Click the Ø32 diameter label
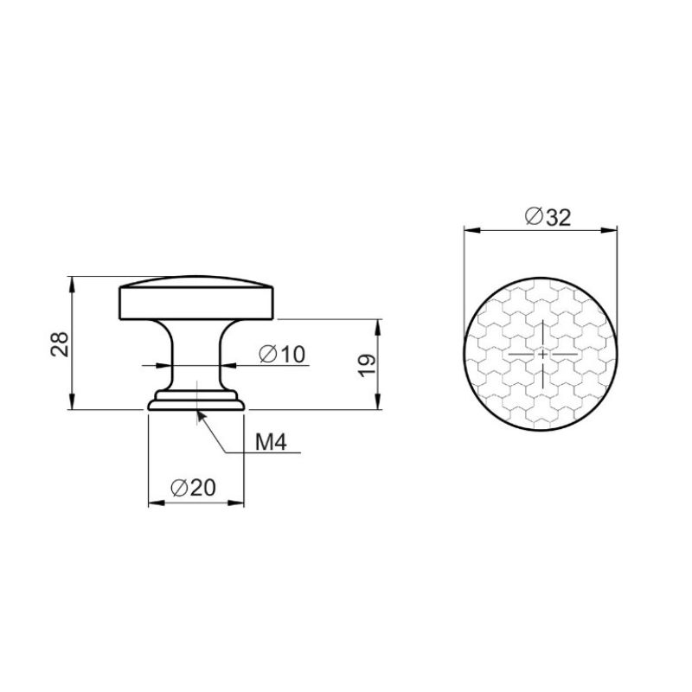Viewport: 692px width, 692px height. (548, 217)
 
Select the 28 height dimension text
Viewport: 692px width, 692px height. (60, 344)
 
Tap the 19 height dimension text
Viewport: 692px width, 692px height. (367, 365)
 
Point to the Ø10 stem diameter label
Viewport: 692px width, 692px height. (282, 354)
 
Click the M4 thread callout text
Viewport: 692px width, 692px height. (271, 442)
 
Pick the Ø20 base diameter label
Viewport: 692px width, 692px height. (193, 488)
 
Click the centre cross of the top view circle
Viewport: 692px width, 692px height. (542, 354)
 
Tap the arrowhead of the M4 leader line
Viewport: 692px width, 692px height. (201, 417)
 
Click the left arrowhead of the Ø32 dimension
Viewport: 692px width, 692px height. (471, 230)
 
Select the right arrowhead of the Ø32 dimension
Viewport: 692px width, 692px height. (610, 230)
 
